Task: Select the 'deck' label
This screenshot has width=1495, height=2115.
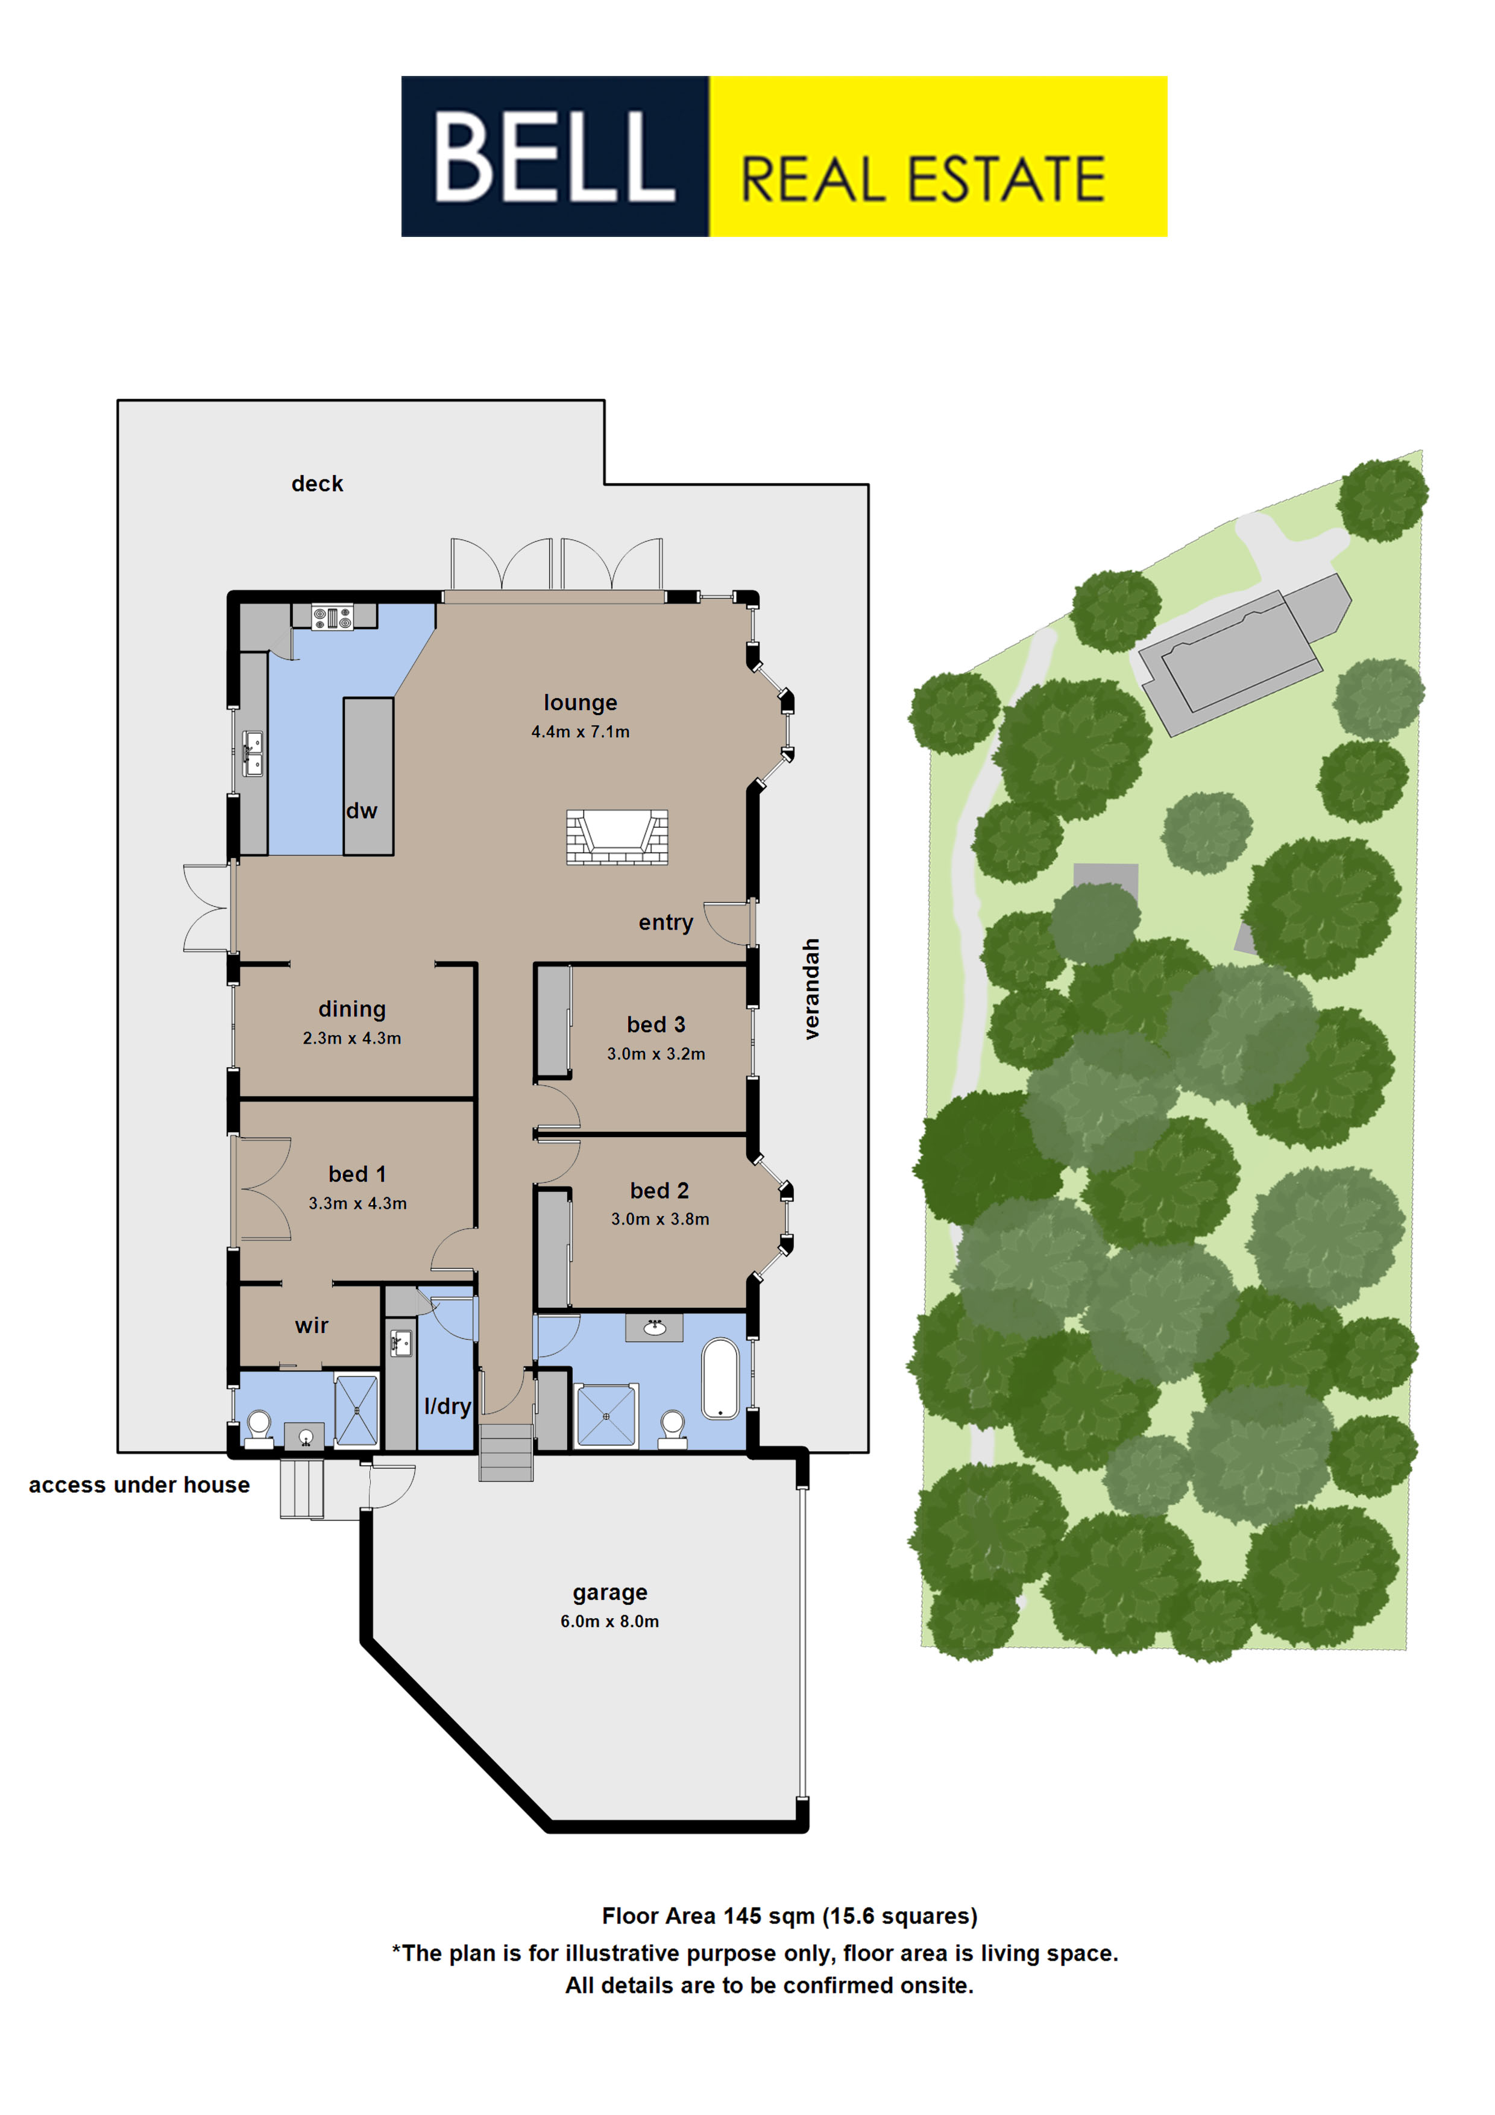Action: tap(317, 484)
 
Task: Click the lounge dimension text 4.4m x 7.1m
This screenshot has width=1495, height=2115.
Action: tap(581, 731)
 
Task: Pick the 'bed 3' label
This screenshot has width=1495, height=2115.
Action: tap(656, 1024)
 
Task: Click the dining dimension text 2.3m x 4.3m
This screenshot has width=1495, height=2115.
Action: tap(352, 1038)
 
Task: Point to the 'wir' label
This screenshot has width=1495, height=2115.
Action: tap(311, 1326)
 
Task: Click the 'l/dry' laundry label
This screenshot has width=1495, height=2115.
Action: tap(448, 1406)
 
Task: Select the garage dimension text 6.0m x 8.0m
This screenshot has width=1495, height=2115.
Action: tap(610, 1621)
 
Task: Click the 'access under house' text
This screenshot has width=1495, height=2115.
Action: tap(139, 1485)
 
